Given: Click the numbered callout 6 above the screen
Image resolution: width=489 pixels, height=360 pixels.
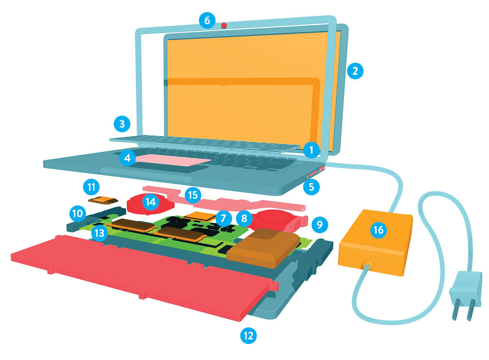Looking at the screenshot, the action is point(207,20).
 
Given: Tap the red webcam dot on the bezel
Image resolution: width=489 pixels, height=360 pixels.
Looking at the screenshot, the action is point(224,25).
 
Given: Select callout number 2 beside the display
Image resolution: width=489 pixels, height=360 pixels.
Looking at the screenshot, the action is point(355,71).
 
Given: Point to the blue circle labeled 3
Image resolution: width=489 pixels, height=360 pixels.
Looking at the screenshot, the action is point(122,124).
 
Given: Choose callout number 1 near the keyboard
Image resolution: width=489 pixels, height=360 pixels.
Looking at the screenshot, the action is point(311,150).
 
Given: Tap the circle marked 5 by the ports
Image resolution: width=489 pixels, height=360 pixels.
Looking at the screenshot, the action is point(311,187).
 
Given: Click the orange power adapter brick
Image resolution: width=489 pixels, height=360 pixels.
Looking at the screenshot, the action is point(375,242).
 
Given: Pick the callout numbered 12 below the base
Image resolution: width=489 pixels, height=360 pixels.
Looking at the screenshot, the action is point(249,335).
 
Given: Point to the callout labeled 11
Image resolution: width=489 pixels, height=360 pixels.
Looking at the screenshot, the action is point(91,187).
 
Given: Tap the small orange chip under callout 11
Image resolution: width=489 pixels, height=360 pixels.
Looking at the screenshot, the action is point(103,200).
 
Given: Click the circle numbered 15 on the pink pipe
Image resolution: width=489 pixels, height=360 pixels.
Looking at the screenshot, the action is point(193,195).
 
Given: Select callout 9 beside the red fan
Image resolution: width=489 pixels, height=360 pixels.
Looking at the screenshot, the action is point(319,224).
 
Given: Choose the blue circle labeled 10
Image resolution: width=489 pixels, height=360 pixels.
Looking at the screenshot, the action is point(77,214).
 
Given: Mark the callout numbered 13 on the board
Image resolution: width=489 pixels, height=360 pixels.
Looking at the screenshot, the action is point(99,233).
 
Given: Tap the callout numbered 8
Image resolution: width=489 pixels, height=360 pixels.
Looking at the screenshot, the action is point(244,218).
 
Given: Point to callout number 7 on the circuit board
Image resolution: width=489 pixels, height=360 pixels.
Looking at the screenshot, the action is point(223,218).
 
